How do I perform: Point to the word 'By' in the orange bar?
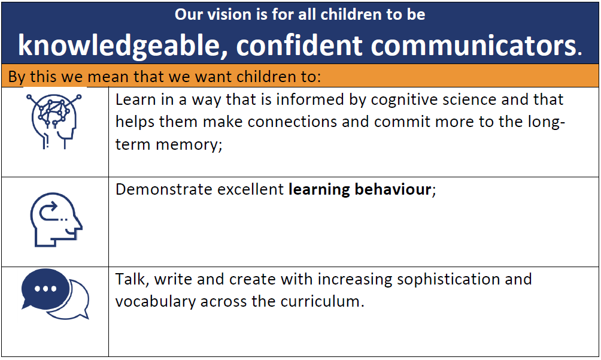(x=17, y=77)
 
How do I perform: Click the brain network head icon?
(x=54, y=121)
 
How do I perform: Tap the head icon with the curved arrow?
(x=56, y=220)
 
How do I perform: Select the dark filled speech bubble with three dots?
(x=45, y=289)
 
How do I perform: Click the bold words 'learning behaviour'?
(x=360, y=190)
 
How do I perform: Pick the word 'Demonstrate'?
(x=164, y=189)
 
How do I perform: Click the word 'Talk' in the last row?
(x=130, y=279)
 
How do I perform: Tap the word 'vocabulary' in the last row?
(x=156, y=302)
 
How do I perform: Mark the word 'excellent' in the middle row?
(x=251, y=189)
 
